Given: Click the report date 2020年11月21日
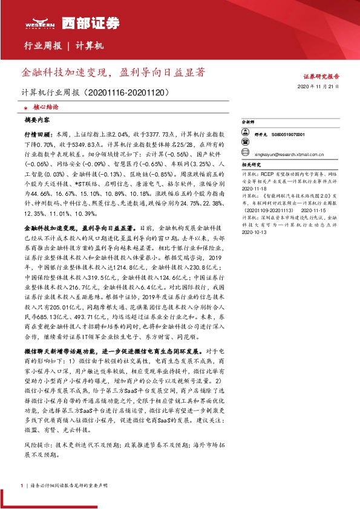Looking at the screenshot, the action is (x=321, y=87).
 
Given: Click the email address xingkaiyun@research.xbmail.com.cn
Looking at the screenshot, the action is (x=286, y=154).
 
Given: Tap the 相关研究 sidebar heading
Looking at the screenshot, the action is (x=250, y=164).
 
